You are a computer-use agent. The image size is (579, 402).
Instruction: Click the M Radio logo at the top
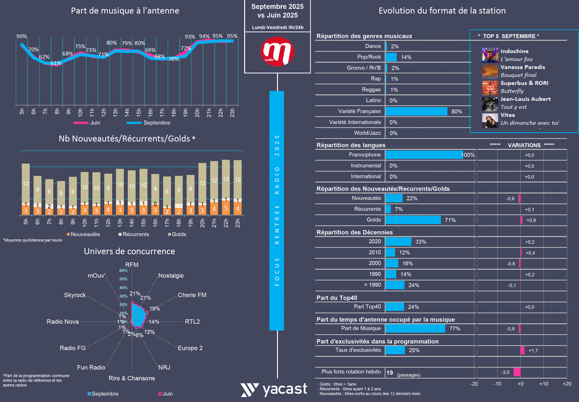click(x=277, y=52)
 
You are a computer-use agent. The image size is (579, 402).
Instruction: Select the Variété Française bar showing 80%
click(x=416, y=111)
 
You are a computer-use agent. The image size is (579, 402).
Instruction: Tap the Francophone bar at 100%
click(x=424, y=155)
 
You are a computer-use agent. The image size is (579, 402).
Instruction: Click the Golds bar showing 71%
click(x=413, y=220)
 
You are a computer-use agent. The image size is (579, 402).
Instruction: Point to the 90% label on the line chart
click(x=21, y=36)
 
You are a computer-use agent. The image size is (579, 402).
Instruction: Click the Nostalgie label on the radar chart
click(x=171, y=276)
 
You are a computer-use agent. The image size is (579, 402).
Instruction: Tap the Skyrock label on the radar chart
click(x=75, y=295)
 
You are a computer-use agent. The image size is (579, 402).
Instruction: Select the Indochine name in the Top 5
click(x=515, y=51)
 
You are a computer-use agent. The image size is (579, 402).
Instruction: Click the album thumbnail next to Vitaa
click(x=490, y=120)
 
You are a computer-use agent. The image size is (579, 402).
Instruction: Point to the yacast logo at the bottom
click(x=274, y=390)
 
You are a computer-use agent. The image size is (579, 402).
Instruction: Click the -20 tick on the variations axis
click(x=474, y=384)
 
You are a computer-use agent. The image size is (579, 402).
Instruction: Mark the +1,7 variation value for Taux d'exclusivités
click(x=533, y=351)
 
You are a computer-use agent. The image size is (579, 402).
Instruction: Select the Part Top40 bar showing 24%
click(x=395, y=307)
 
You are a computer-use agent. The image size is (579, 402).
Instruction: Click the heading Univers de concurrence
click(x=129, y=251)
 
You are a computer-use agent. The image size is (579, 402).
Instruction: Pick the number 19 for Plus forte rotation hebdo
click(x=390, y=373)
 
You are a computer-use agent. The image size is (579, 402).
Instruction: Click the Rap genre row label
click(x=375, y=79)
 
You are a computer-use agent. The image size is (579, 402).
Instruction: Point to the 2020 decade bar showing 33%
click(x=398, y=242)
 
